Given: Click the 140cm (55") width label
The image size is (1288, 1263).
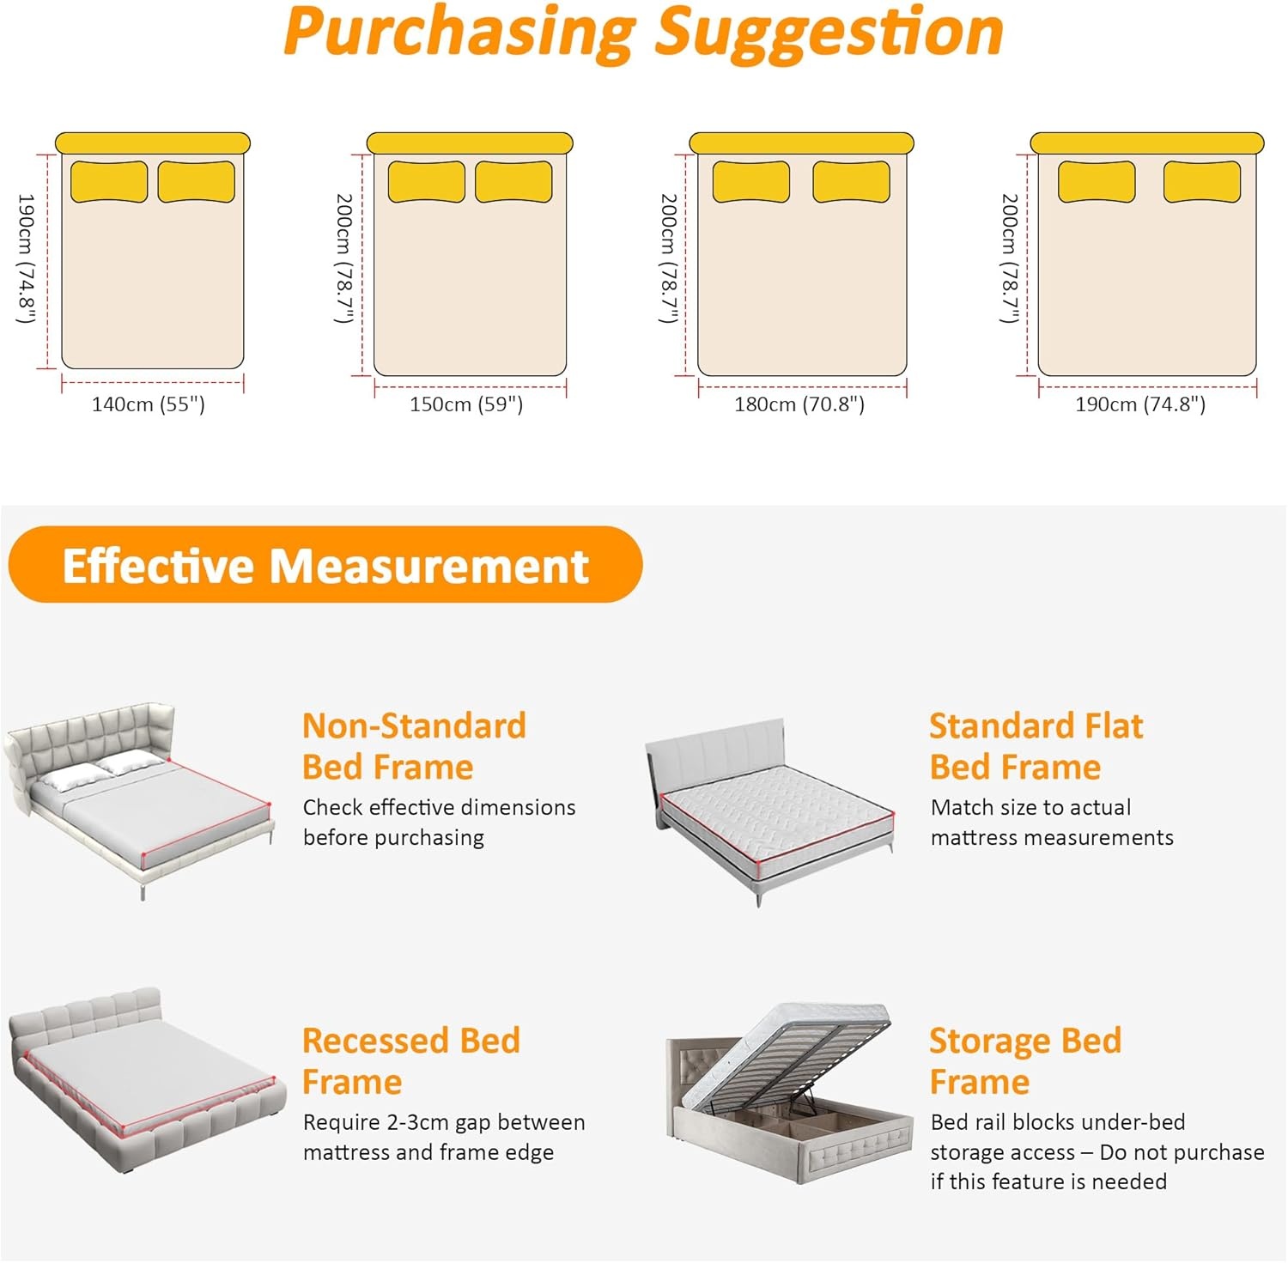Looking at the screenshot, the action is coord(149,404).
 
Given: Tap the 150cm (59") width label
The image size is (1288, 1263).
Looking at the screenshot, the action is coord(466,404).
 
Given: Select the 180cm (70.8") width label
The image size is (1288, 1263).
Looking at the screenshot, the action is coord(799,404).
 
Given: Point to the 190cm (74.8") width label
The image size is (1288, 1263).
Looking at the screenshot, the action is coord(1140,404).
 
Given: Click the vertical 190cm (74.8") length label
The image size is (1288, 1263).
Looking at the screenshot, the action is coord(26,258).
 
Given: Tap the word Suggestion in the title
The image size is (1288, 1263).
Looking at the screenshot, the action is coord(829,33).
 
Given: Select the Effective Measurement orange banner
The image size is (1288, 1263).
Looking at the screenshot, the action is coord(325,565).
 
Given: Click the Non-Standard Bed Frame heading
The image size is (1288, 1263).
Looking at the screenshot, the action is coord(414,746).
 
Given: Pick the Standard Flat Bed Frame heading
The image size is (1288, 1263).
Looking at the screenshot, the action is coord(1036,746).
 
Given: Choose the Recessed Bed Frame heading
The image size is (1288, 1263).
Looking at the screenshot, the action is coord(411,1061).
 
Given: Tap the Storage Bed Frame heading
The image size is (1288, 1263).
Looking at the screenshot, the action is coord(1026,1061).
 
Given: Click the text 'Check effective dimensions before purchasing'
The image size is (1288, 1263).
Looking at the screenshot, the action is coord(439,823).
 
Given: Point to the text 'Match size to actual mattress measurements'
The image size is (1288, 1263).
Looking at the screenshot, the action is coord(1052,823).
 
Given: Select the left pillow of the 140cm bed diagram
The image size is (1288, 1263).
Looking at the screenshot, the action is coord(109,182).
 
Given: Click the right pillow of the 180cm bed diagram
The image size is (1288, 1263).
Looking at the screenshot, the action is coord(852,182).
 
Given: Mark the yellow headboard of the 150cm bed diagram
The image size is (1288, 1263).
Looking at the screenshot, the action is coord(470,143).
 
